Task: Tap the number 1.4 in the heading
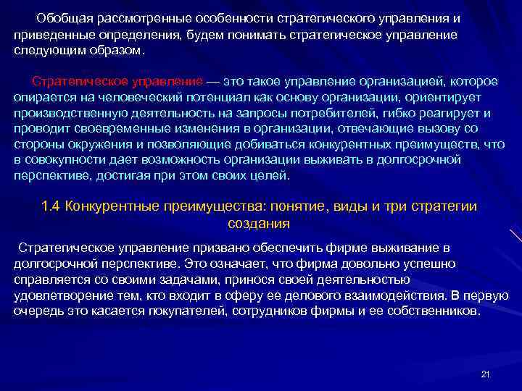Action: coord(52,206)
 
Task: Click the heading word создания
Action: coord(259,224)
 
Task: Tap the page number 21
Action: coord(486,374)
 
